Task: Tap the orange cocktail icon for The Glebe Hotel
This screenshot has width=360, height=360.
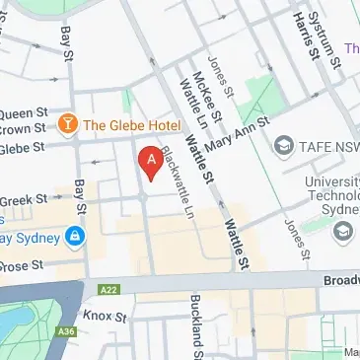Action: coord(68,124)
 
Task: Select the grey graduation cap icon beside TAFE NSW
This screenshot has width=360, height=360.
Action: coord(283,145)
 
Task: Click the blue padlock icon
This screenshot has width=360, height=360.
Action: coord(73,236)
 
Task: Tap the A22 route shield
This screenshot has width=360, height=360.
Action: coord(109,289)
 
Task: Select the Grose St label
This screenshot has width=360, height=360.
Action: coord(24,264)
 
